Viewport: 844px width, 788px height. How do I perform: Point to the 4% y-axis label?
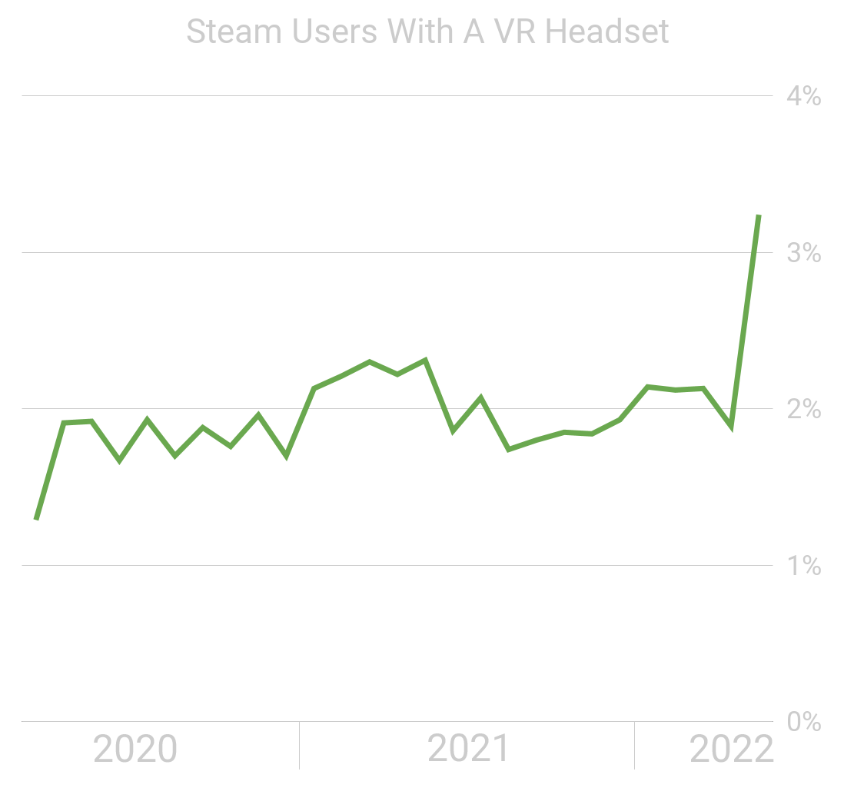pos(803,97)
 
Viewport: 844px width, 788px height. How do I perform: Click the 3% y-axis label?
pos(803,253)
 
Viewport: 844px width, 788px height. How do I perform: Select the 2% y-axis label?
pos(803,410)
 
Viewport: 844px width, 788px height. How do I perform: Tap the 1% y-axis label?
pos(803,567)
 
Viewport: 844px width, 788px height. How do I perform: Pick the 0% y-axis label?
pos(803,722)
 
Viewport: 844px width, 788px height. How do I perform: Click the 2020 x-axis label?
pos(135,749)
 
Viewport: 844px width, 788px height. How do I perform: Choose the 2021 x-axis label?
pos(468,749)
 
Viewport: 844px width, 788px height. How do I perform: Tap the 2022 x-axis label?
pos(731,749)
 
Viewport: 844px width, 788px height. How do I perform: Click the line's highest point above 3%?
pos(759,216)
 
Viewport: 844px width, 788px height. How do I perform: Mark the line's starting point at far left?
pos(36,520)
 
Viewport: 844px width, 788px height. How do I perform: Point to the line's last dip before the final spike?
pos(730,427)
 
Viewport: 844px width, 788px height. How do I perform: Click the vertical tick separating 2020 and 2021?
pos(299,744)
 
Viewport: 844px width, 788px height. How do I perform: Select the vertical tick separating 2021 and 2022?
pos(634,744)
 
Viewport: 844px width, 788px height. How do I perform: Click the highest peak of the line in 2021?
pos(425,359)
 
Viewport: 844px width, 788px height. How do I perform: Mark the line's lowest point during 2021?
pos(508,449)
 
